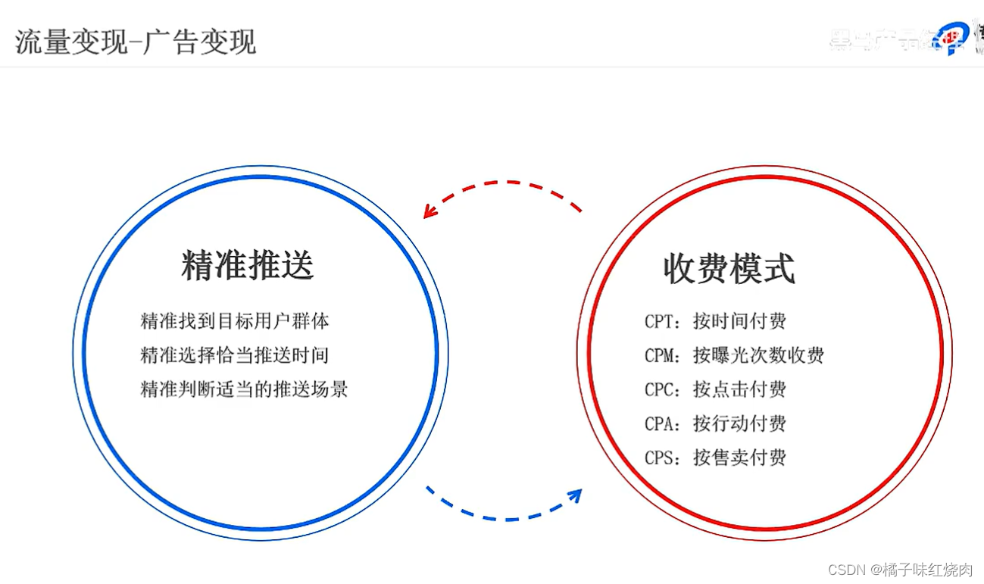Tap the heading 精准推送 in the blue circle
tap(248, 265)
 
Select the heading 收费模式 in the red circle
tap(729, 268)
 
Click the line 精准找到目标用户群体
tap(235, 320)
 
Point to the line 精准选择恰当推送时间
tap(235, 354)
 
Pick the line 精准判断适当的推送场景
tap(244, 389)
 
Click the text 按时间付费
tap(739, 321)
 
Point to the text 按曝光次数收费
tap(758, 355)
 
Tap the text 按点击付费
tap(739, 389)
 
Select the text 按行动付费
tap(739, 423)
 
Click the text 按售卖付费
tap(739, 458)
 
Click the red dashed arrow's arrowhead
tap(429, 212)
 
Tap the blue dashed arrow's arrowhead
tap(576, 495)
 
